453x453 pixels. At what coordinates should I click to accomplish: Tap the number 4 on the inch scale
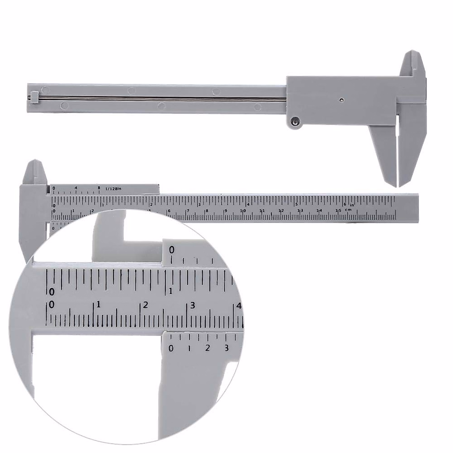pos(248,204)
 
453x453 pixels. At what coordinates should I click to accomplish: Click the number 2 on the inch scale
pos(151,204)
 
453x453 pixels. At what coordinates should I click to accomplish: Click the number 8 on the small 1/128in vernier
pos(99,188)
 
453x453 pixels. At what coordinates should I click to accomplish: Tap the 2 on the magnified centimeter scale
pos(146,305)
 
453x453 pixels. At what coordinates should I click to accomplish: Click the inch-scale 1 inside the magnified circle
pos(171,291)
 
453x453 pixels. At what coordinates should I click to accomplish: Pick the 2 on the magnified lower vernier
pos(207,348)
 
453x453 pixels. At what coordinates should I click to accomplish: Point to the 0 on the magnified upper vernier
pos(172,250)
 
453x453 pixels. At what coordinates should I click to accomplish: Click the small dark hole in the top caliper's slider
pos(341,100)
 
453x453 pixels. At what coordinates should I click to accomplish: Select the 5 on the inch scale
pos(297,204)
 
